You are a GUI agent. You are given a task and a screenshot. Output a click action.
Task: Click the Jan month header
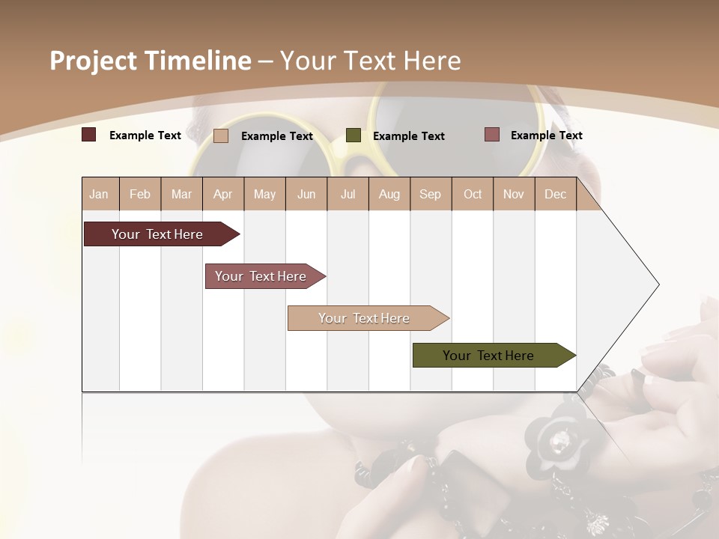(99, 194)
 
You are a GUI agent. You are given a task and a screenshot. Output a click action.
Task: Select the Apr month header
(222, 194)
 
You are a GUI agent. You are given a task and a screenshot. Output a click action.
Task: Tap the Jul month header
(348, 194)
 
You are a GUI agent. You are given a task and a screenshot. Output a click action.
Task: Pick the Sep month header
(430, 194)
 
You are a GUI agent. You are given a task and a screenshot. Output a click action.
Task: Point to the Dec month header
(555, 194)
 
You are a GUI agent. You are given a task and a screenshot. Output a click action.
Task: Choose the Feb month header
(140, 194)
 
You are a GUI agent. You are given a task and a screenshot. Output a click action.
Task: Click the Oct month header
(473, 194)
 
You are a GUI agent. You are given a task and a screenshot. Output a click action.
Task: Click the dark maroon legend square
(88, 135)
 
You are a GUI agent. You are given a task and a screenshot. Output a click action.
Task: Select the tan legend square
(220, 135)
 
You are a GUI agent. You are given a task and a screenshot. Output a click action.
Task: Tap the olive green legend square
(354, 135)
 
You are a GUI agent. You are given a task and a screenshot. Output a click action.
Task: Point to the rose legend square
(491, 135)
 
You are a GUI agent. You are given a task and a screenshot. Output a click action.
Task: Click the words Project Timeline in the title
(151, 61)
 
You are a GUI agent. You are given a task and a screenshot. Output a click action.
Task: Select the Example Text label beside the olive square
(408, 135)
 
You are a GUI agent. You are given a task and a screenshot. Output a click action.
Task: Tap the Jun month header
(306, 194)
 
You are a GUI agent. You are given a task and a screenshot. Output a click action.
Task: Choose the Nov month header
(513, 194)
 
